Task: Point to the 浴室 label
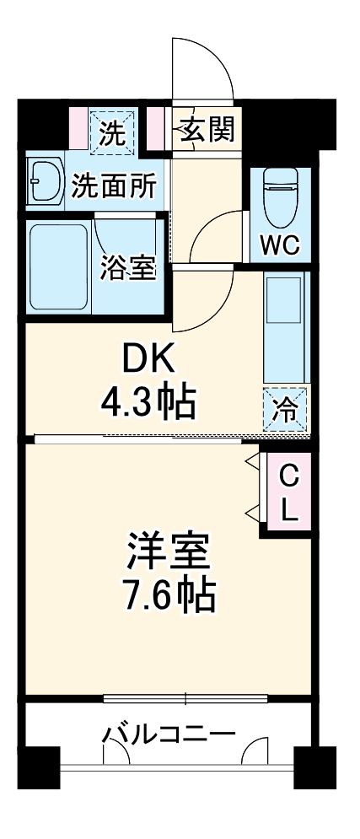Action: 127,267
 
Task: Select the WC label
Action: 278,246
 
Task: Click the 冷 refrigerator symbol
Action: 286,411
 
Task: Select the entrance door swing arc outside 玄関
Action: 202,67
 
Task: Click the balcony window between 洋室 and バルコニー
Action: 185,698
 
